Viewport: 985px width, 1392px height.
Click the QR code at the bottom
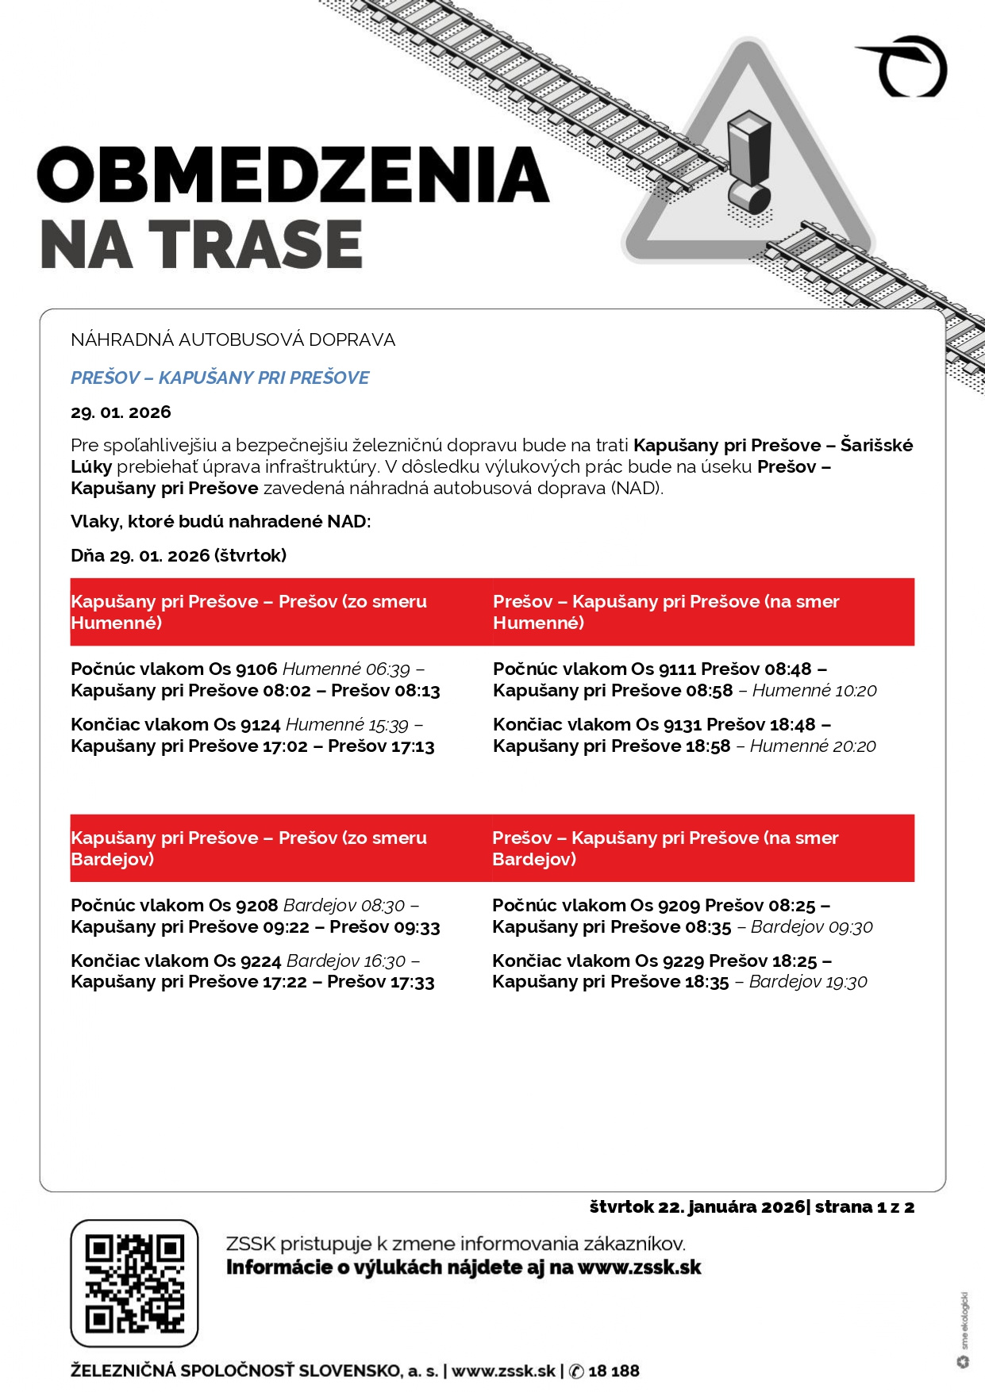(x=134, y=1283)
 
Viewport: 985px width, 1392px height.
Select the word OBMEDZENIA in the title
(x=293, y=174)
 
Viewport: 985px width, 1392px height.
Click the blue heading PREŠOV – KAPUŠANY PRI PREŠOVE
(x=220, y=378)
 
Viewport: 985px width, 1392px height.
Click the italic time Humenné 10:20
(x=814, y=690)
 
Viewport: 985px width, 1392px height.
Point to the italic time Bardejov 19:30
(x=808, y=982)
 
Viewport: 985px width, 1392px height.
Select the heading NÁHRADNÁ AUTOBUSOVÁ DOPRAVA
(x=233, y=339)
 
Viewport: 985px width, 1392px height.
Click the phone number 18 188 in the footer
(x=614, y=1371)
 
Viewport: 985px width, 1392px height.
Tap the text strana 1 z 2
(x=864, y=1206)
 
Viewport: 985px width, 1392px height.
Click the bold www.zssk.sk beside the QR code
(x=639, y=1267)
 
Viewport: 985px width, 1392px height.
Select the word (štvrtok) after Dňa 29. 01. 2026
(x=250, y=555)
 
